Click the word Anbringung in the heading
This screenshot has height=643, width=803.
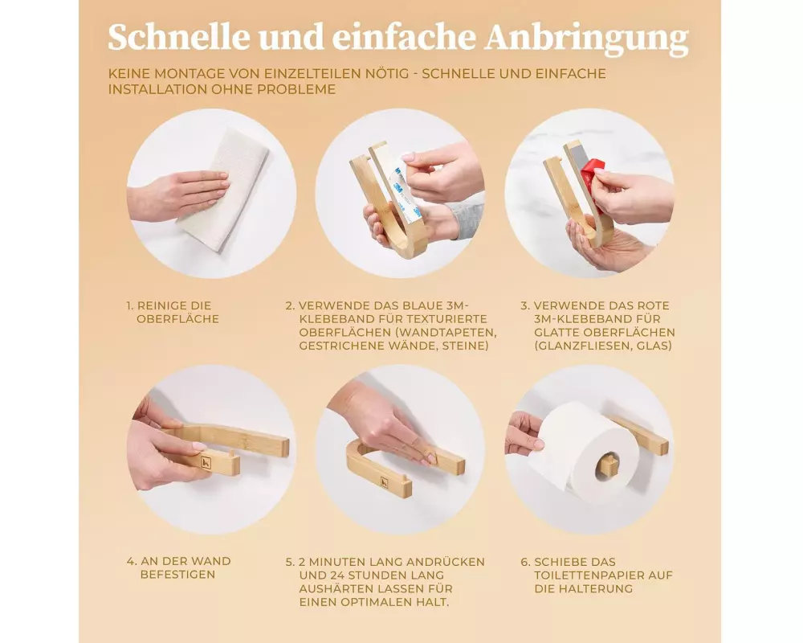pyautogui.click(x=587, y=38)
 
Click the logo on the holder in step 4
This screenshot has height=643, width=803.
pyautogui.click(x=206, y=461)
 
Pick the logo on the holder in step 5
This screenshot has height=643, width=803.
pyautogui.click(x=384, y=481)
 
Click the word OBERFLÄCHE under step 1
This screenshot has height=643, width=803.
pyautogui.click(x=177, y=319)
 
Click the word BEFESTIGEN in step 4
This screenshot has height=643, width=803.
pyautogui.click(x=177, y=575)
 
